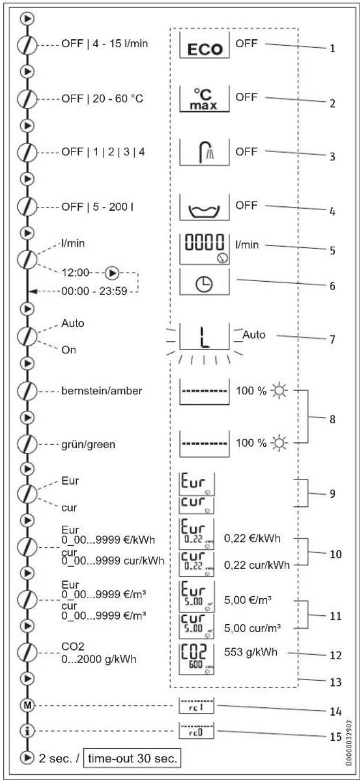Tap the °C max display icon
(x=204, y=99)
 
